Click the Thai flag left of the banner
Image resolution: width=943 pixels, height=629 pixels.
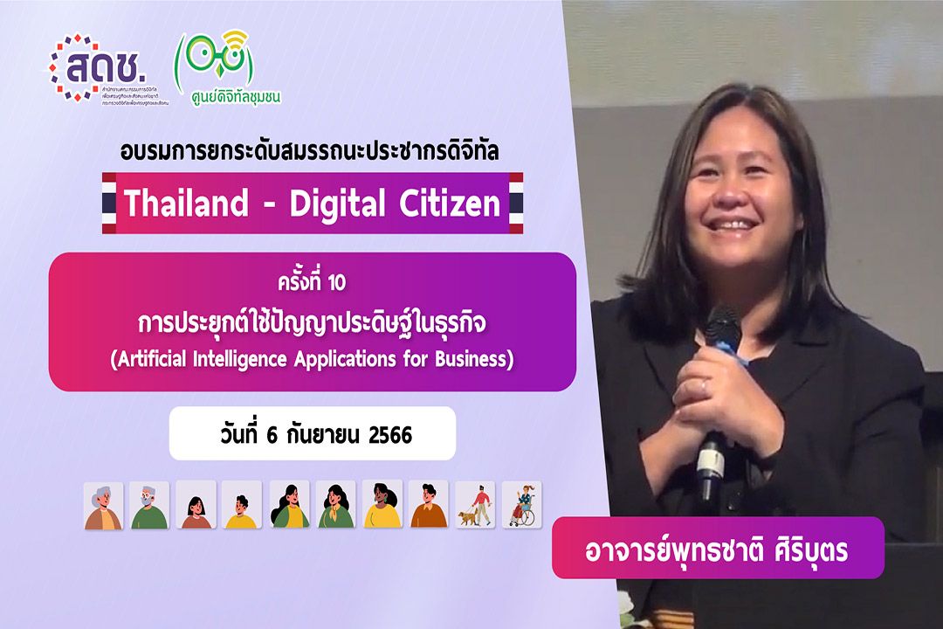[x=109, y=204]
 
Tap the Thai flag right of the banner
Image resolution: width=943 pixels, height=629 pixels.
[x=516, y=204]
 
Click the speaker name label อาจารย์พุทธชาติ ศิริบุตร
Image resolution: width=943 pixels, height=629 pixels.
[x=718, y=548]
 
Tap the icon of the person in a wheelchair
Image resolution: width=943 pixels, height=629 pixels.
[x=521, y=505]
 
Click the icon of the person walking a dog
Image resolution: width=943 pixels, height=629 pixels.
[x=475, y=505]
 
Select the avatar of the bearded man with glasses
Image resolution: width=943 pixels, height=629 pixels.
[x=150, y=505]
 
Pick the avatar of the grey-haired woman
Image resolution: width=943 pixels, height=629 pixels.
[x=104, y=505]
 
